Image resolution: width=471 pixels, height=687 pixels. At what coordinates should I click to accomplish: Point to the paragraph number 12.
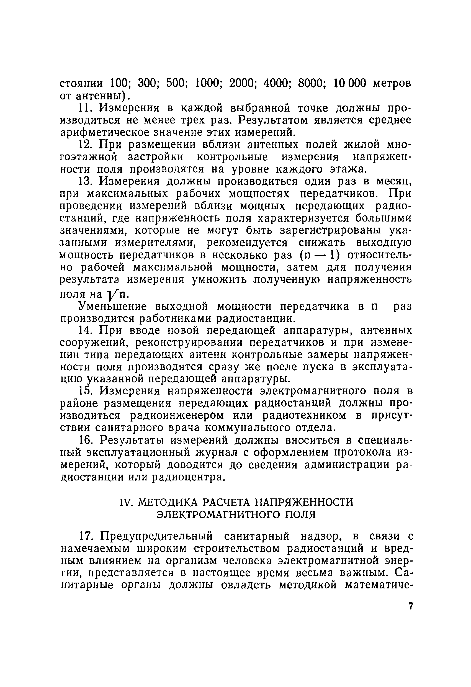point(86,145)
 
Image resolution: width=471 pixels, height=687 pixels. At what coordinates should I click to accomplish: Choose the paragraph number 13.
point(86,181)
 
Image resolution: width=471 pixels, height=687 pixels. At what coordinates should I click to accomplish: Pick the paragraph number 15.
point(86,391)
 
